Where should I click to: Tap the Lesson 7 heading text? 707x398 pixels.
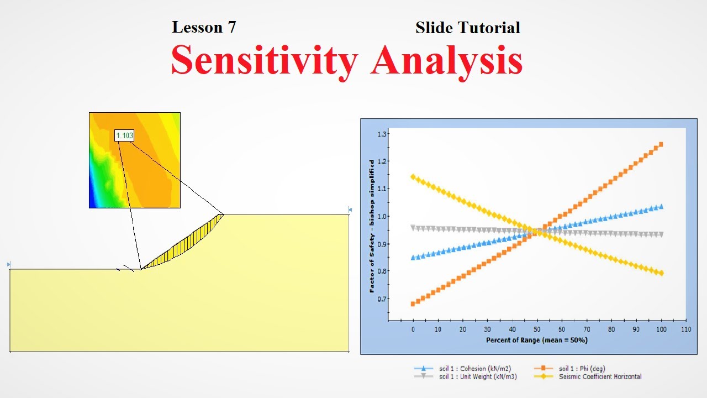(204, 27)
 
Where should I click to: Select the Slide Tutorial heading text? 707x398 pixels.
(467, 28)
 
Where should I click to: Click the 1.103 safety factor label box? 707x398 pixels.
(124, 135)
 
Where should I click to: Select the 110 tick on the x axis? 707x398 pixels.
(685, 329)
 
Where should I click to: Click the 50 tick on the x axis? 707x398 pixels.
(537, 329)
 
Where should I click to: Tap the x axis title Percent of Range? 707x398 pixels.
(537, 340)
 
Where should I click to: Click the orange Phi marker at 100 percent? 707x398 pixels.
(661, 144)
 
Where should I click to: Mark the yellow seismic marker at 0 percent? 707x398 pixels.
(413, 177)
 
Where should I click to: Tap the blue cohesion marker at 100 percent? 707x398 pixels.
(661, 207)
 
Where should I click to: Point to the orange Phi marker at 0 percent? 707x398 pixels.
(413, 303)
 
